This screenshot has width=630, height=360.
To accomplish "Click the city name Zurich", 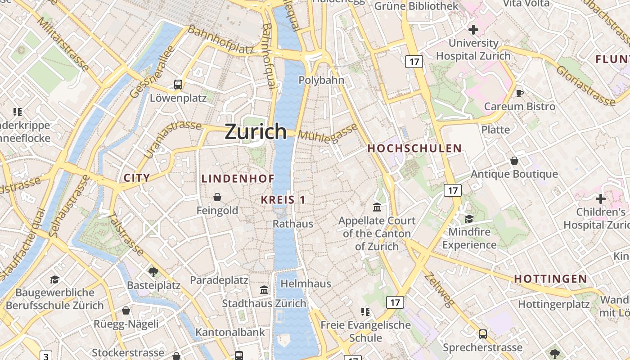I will click(255, 131).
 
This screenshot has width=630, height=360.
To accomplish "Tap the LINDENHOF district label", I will click(238, 179).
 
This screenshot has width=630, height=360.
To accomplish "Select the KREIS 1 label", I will click(283, 200).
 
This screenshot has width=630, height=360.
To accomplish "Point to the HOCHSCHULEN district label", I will click(414, 148).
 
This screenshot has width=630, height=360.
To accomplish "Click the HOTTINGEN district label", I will click(550, 279).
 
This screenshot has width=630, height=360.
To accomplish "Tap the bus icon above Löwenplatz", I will click(178, 84).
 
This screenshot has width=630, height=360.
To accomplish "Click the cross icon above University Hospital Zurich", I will click(473, 30).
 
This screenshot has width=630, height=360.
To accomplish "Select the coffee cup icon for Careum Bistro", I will click(520, 93).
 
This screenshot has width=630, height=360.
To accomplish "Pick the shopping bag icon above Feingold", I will click(217, 197).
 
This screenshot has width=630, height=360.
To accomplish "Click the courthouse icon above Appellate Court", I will click(377, 207).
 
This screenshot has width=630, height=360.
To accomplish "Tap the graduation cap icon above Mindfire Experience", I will click(469, 219).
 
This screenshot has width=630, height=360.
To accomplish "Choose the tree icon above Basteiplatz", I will click(153, 272).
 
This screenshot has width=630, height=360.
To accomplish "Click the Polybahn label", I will click(321, 81).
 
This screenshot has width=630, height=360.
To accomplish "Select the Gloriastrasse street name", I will click(585, 85).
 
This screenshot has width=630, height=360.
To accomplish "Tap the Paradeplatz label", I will click(219, 280).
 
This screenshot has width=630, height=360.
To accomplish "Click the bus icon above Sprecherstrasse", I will click(482, 334).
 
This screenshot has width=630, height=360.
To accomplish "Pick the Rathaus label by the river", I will click(292, 224).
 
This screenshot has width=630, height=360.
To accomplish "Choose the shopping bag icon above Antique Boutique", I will click(514, 161).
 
